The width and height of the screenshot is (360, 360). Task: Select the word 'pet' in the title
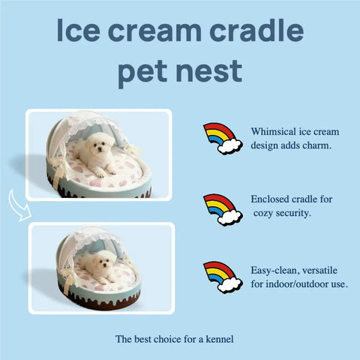click(x=148, y=73)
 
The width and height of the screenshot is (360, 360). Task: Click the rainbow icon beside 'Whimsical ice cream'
click(x=223, y=138)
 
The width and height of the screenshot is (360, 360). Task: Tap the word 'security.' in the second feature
click(x=299, y=214)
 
